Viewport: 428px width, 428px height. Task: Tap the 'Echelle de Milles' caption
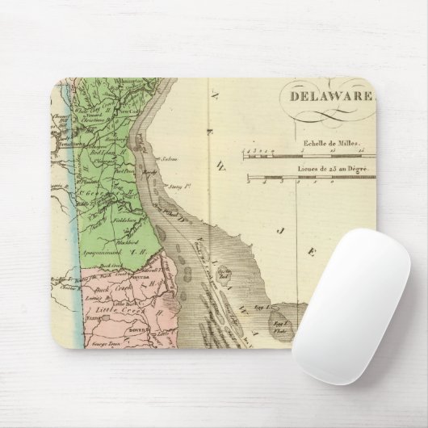tap(323, 137)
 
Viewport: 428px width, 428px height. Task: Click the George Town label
tap(94, 344)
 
